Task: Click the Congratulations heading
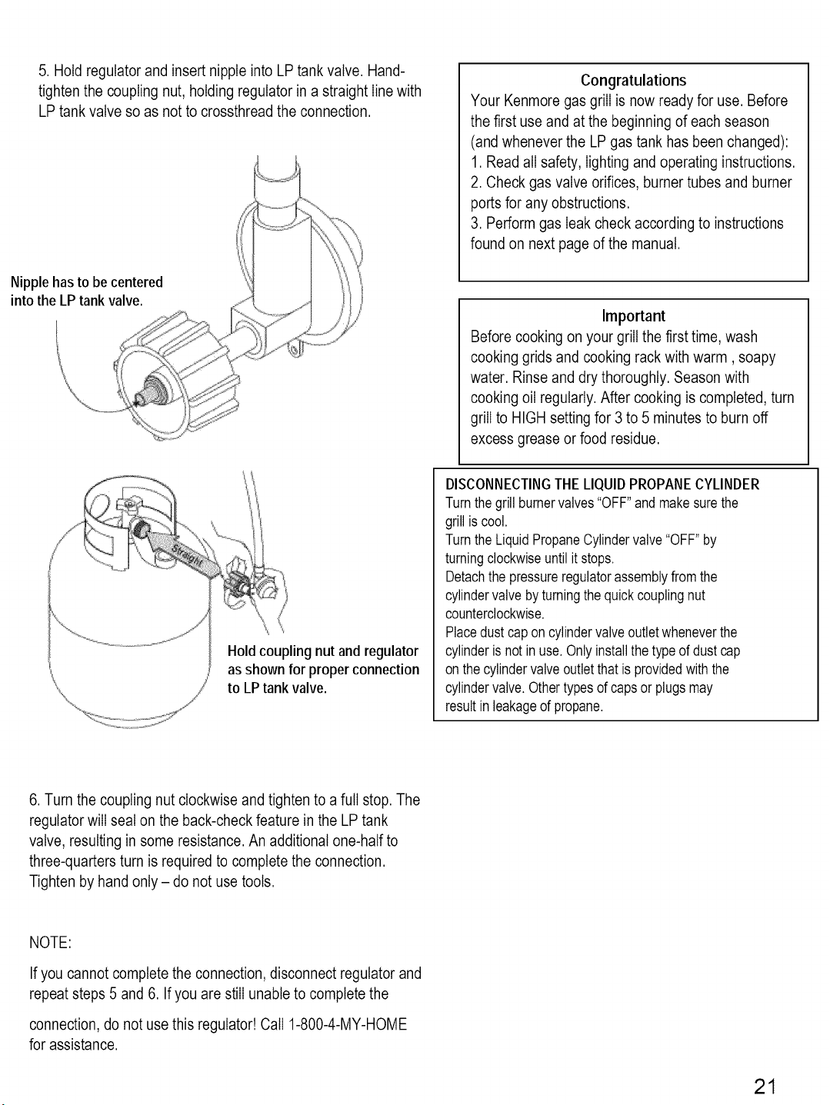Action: pos(633,81)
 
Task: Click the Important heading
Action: pos(634,316)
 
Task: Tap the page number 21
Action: pos(765,1087)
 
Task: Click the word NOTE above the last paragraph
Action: pos(50,943)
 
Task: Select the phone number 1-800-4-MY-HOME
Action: pos(348,1024)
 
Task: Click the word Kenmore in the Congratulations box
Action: pos(532,101)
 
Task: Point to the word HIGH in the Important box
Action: pos(528,418)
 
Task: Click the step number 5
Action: pos(43,71)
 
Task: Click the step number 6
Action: pos(34,800)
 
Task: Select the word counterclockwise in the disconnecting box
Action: pos(495,614)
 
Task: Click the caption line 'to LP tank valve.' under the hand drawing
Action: pos(277,687)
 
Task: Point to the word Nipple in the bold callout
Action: pos(29,282)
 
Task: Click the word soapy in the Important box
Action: pos(757,358)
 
